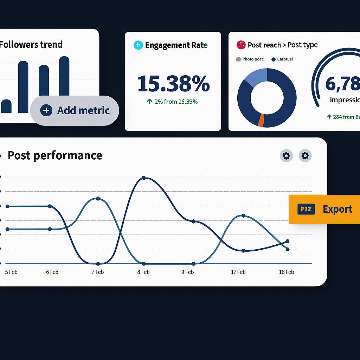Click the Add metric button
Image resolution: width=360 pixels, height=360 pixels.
[x=75, y=110]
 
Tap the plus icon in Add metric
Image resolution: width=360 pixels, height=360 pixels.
[x=46, y=110]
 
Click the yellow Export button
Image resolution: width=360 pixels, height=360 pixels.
[x=324, y=209]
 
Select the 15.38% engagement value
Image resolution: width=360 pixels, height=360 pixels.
[x=173, y=84]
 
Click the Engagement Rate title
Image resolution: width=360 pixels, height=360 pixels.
[x=176, y=45]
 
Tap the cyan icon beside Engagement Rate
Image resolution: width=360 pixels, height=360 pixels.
[x=138, y=45]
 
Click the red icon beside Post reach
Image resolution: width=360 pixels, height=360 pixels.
[x=241, y=45]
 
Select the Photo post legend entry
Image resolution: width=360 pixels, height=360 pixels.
[x=250, y=59]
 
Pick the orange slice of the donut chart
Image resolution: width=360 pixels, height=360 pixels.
[x=261, y=120]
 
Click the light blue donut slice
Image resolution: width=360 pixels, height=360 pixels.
[x=256, y=77]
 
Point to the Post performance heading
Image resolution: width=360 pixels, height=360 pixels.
[x=55, y=155]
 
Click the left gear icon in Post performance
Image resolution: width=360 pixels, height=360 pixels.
[x=286, y=155]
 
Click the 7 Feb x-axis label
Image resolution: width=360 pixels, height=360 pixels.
[x=97, y=272]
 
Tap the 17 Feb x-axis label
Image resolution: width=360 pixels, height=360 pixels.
[x=238, y=272]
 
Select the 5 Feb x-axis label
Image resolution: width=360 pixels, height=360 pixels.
[x=11, y=272]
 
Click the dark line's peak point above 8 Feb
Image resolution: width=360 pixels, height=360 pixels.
[x=143, y=178]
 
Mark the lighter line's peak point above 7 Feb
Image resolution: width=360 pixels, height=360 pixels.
[x=98, y=199]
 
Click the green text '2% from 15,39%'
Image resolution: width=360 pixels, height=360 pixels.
[x=172, y=102]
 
